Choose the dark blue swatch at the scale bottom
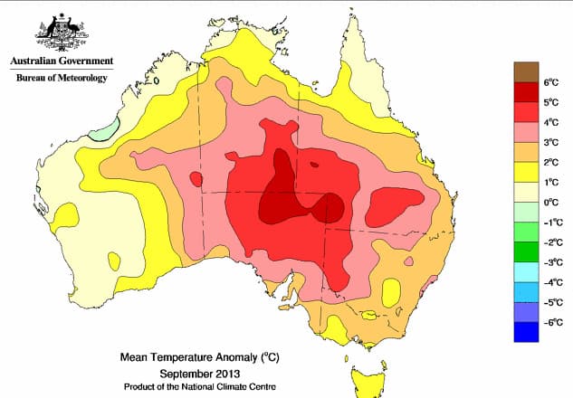pos(527,332)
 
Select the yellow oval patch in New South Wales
pos(392,292)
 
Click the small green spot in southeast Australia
pos(368,315)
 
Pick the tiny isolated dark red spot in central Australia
pos(314,166)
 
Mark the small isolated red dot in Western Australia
pos(196,179)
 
